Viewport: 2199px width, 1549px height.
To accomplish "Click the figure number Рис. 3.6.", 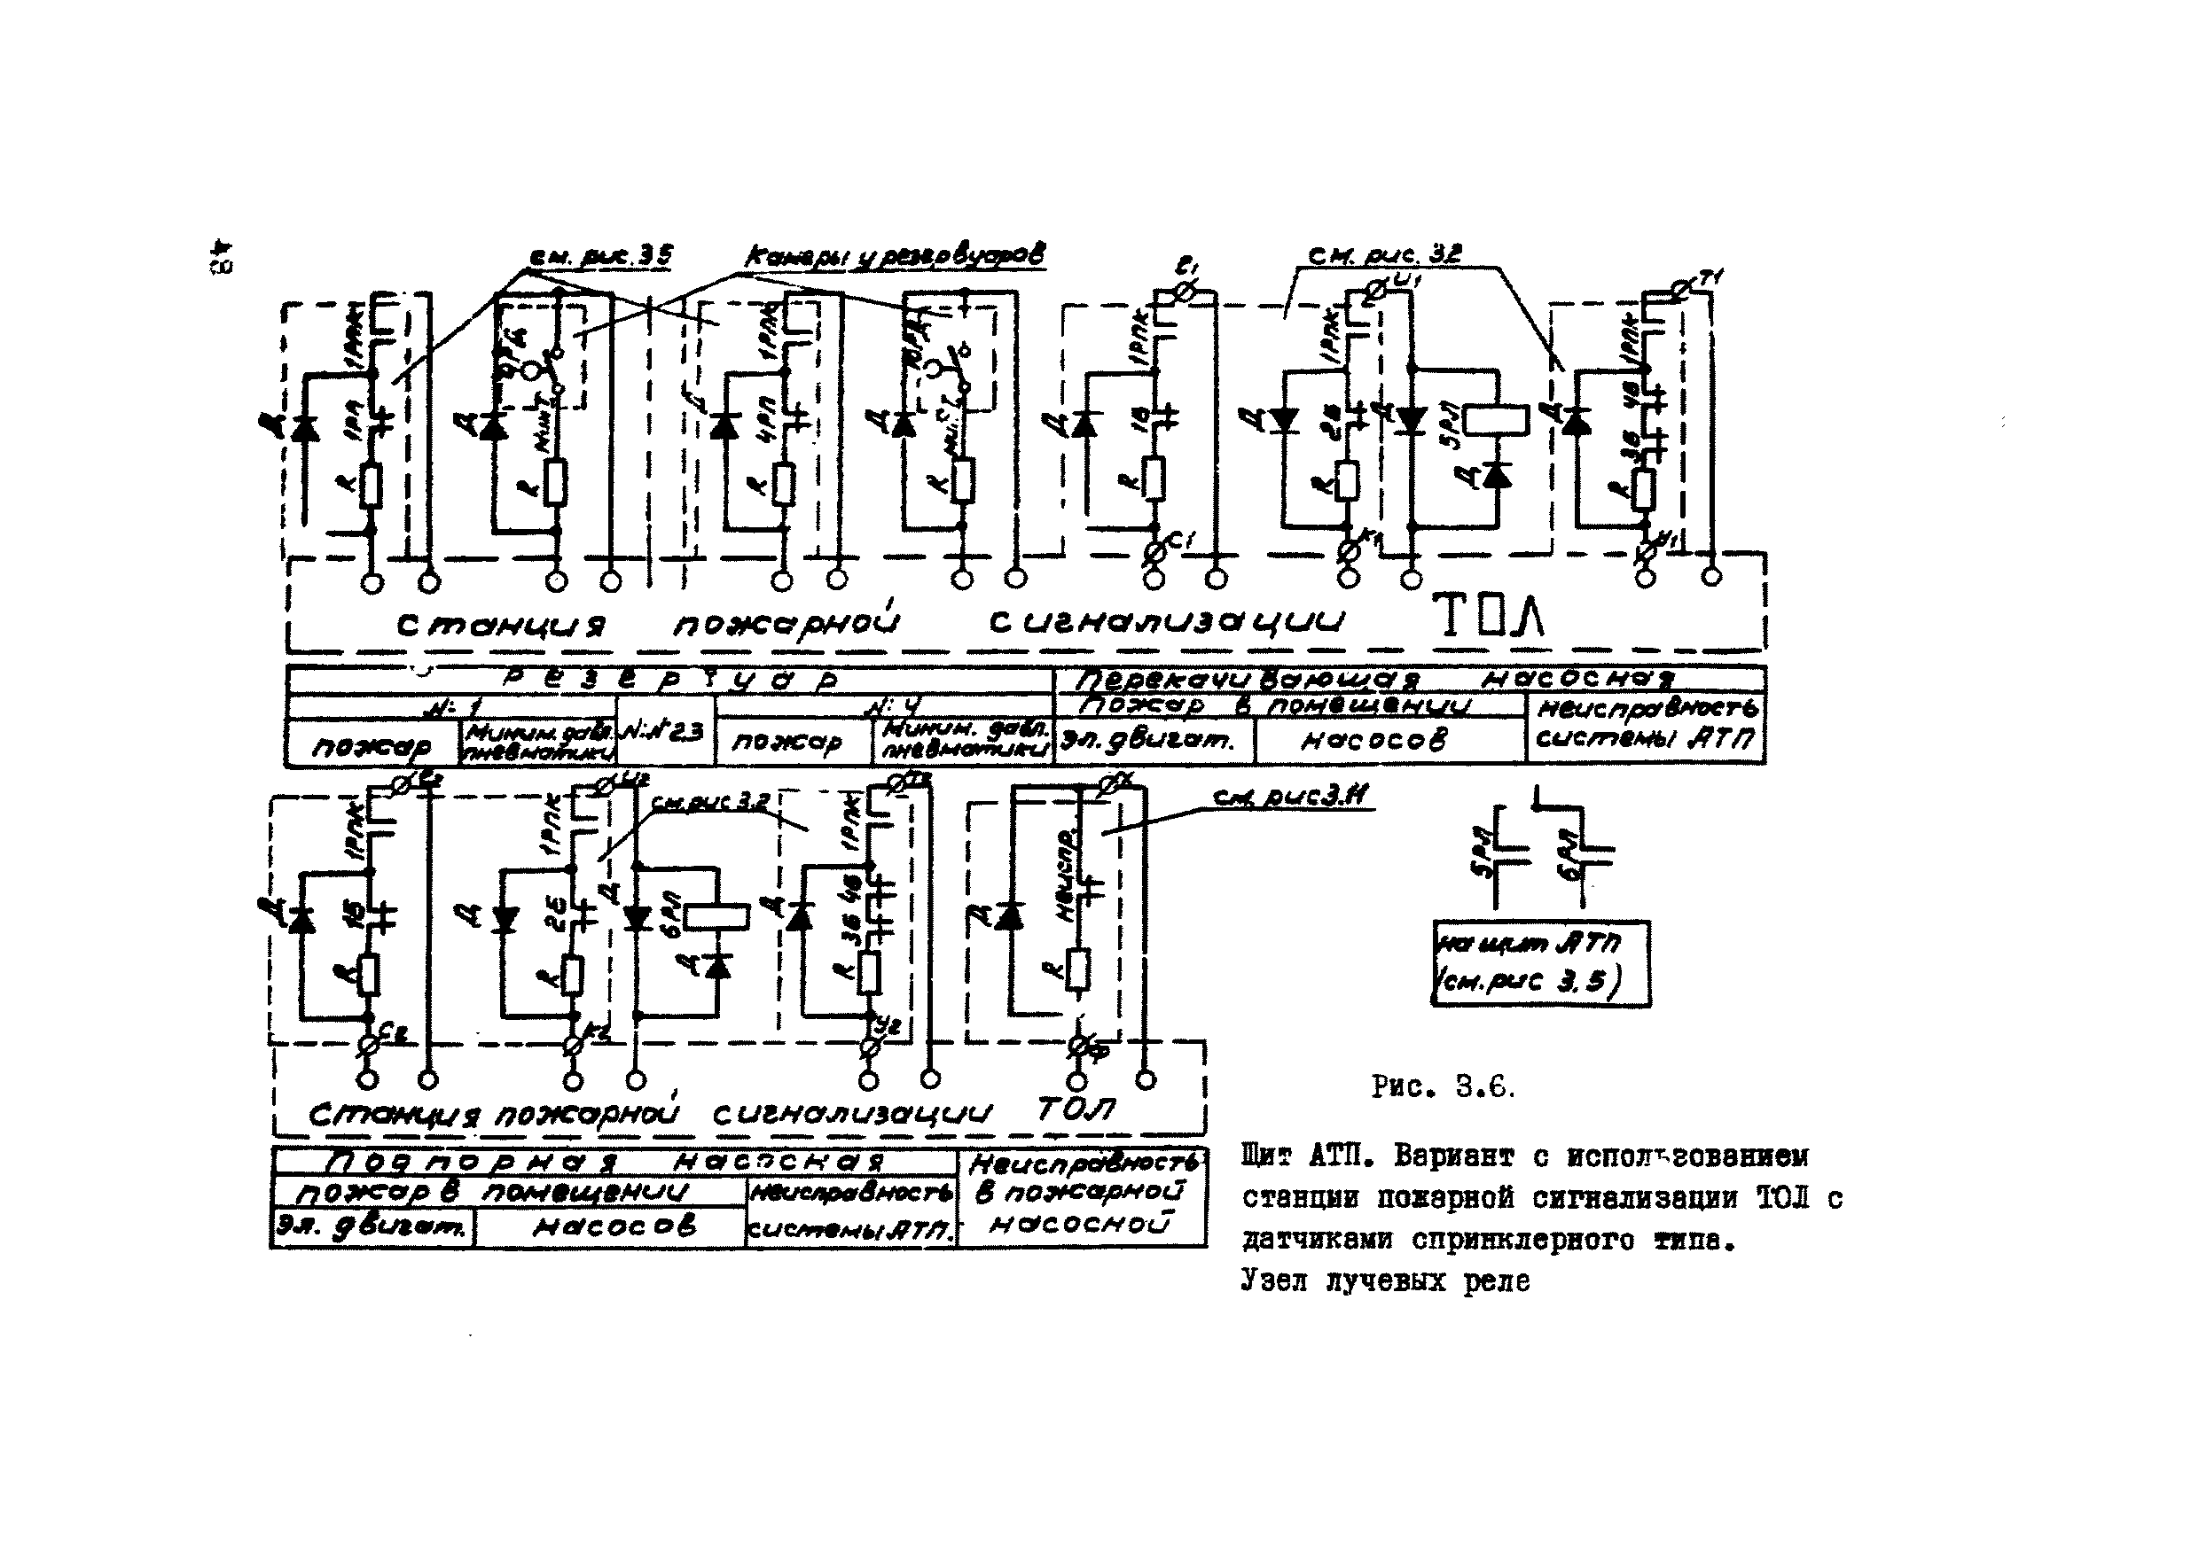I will pyautogui.click(x=1443, y=1086).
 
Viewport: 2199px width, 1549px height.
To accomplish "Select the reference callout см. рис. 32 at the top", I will pyautogui.click(x=1384, y=254).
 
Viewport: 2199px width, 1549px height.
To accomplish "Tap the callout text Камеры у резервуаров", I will pyautogui.click(x=895, y=255).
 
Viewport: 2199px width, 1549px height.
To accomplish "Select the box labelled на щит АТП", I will pyautogui.click(x=1540, y=963).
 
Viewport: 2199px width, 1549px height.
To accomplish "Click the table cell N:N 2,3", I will pyautogui.click(x=665, y=730).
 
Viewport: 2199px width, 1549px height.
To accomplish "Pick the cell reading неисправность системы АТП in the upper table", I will pyautogui.click(x=1645, y=725).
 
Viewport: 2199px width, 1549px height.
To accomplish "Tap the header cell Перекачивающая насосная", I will pyautogui.click(x=1408, y=680).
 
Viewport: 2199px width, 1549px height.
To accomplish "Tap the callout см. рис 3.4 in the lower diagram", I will pyautogui.click(x=1292, y=797).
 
